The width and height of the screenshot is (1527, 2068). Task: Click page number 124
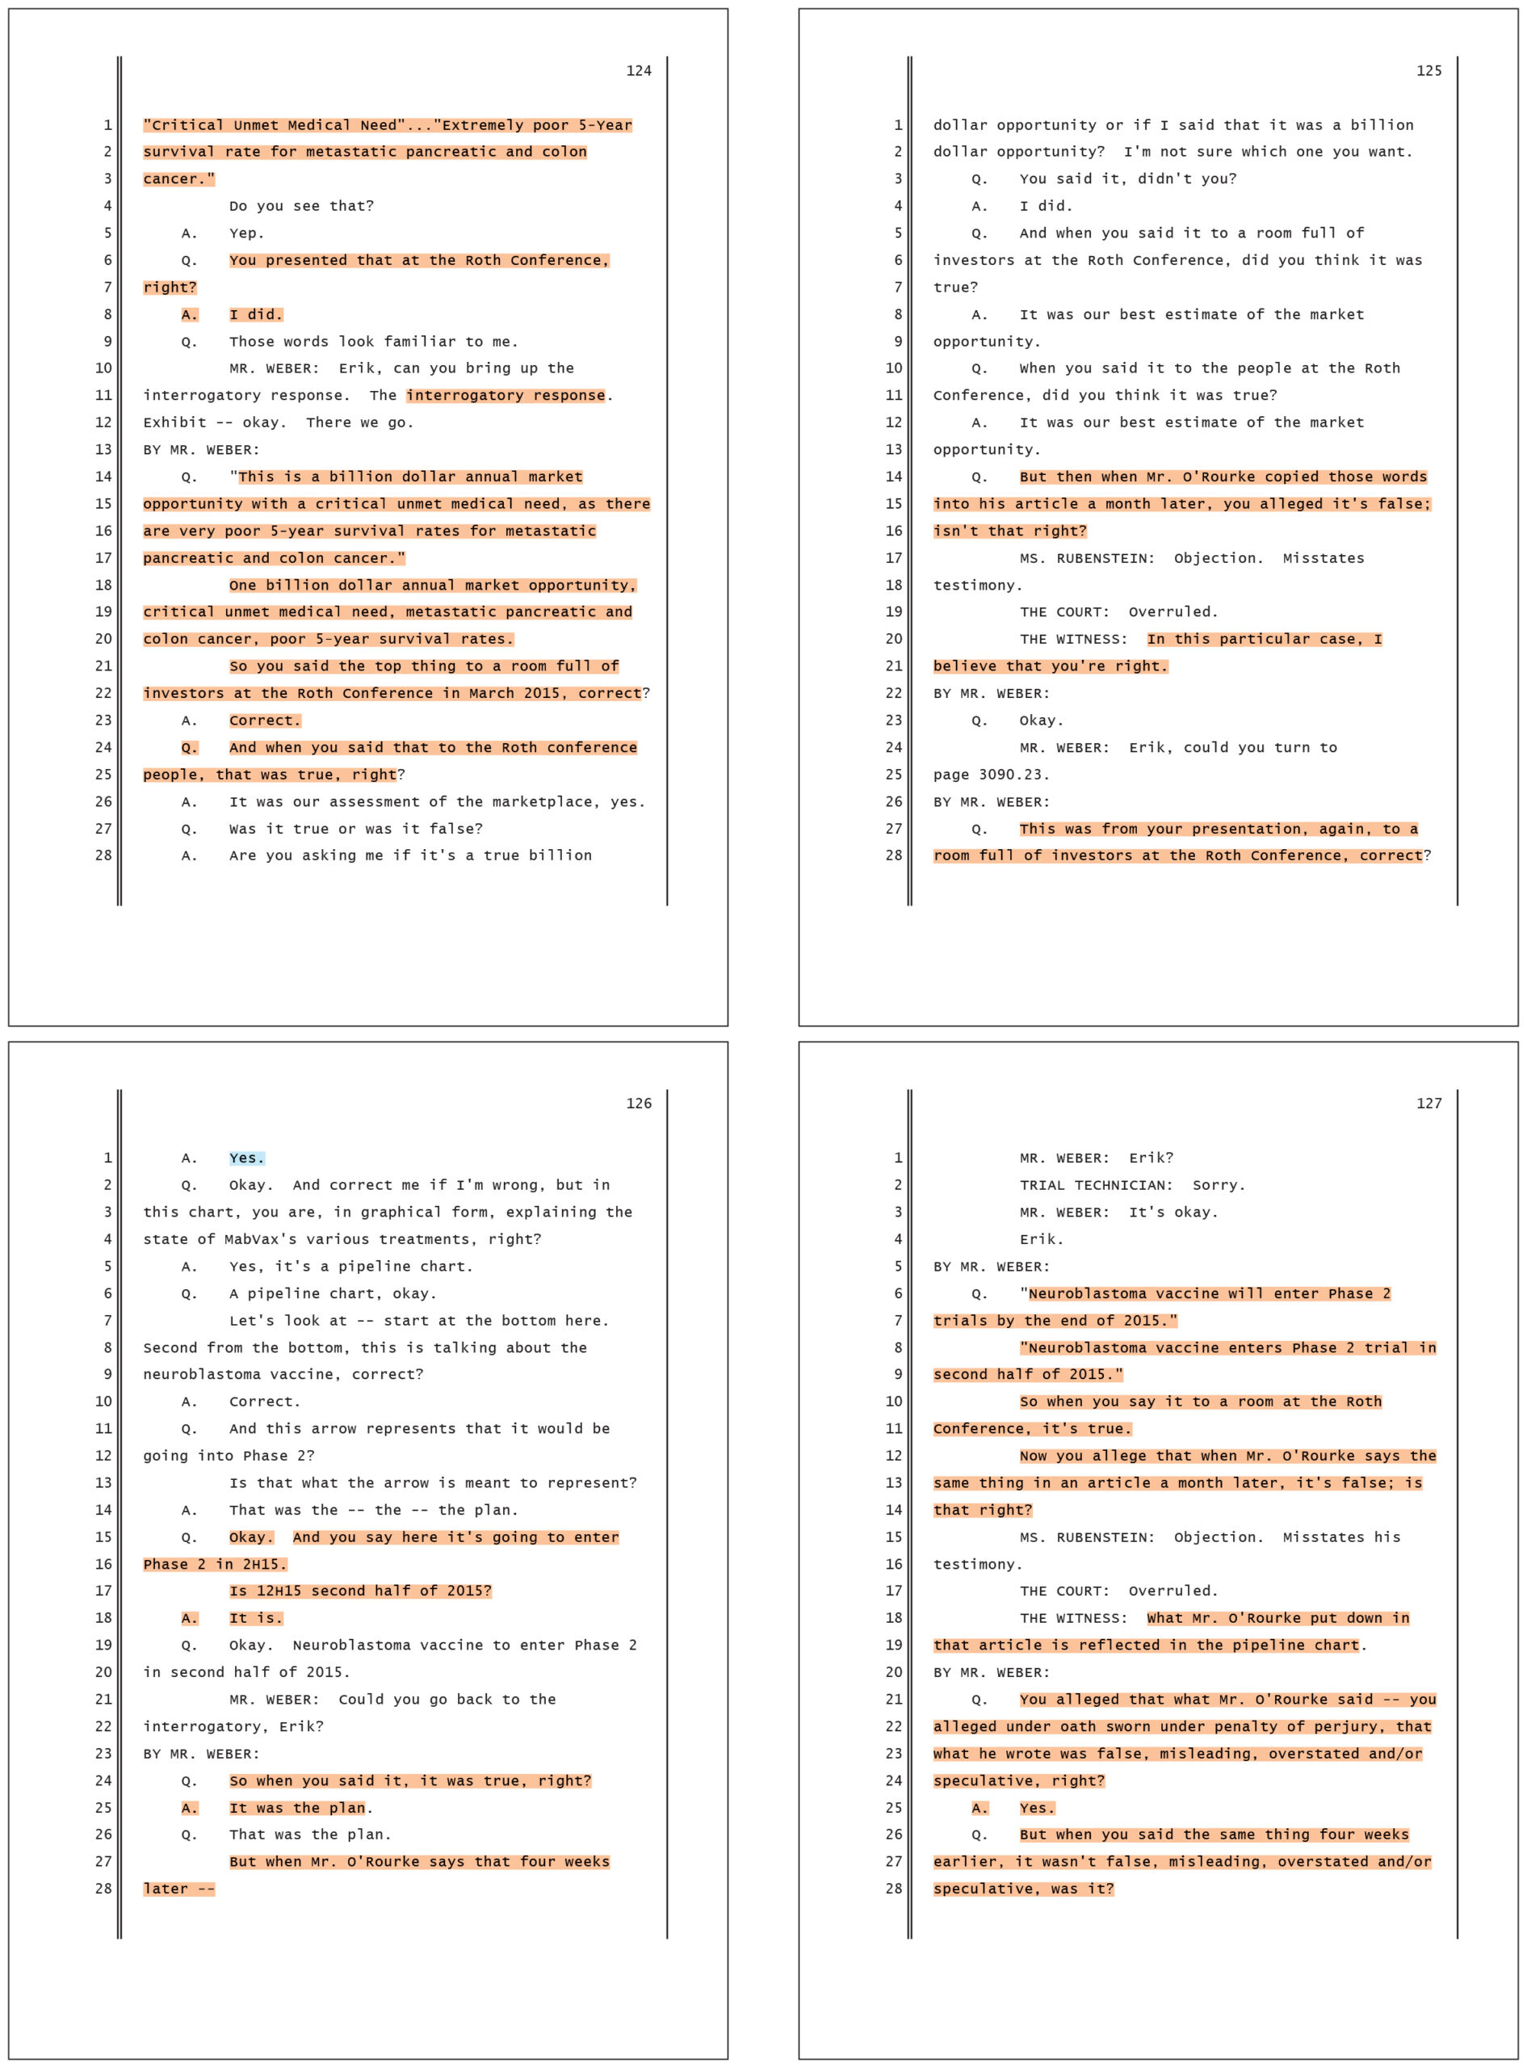pos(639,71)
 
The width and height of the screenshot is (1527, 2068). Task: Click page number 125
pos(1428,71)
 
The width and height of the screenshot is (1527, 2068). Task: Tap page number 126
pos(639,1103)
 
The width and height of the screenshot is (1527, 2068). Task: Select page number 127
pos(1428,1103)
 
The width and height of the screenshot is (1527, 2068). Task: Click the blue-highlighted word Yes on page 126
pos(245,1158)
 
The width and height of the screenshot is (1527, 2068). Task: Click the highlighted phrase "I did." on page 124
pos(256,314)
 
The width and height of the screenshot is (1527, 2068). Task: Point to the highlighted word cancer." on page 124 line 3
pos(178,179)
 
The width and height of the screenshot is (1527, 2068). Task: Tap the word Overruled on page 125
pos(1172,612)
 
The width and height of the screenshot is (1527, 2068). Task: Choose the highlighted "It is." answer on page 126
pos(256,1618)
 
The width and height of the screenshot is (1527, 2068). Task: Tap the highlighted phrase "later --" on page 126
pos(178,1889)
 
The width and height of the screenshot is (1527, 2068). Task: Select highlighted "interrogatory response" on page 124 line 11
pos(506,396)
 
